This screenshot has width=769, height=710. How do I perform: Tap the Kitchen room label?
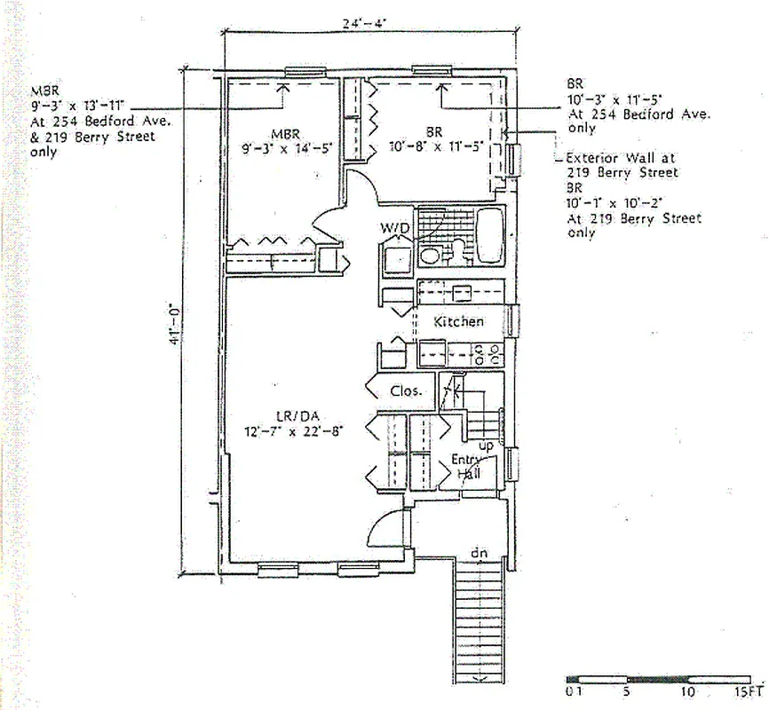458,321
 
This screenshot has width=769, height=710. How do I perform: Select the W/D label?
396,229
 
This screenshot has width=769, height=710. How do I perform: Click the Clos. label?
407,390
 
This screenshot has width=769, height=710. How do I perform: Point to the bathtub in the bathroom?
490,235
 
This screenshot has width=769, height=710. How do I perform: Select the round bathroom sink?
430,257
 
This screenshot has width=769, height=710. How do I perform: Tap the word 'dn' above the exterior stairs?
480,553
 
